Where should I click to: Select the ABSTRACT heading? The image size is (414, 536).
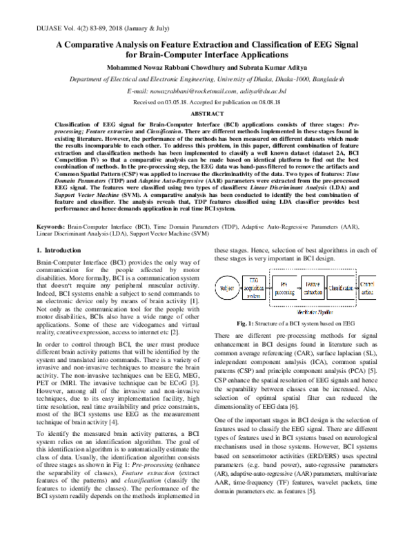207,113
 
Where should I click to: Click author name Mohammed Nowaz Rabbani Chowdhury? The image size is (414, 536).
161,68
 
